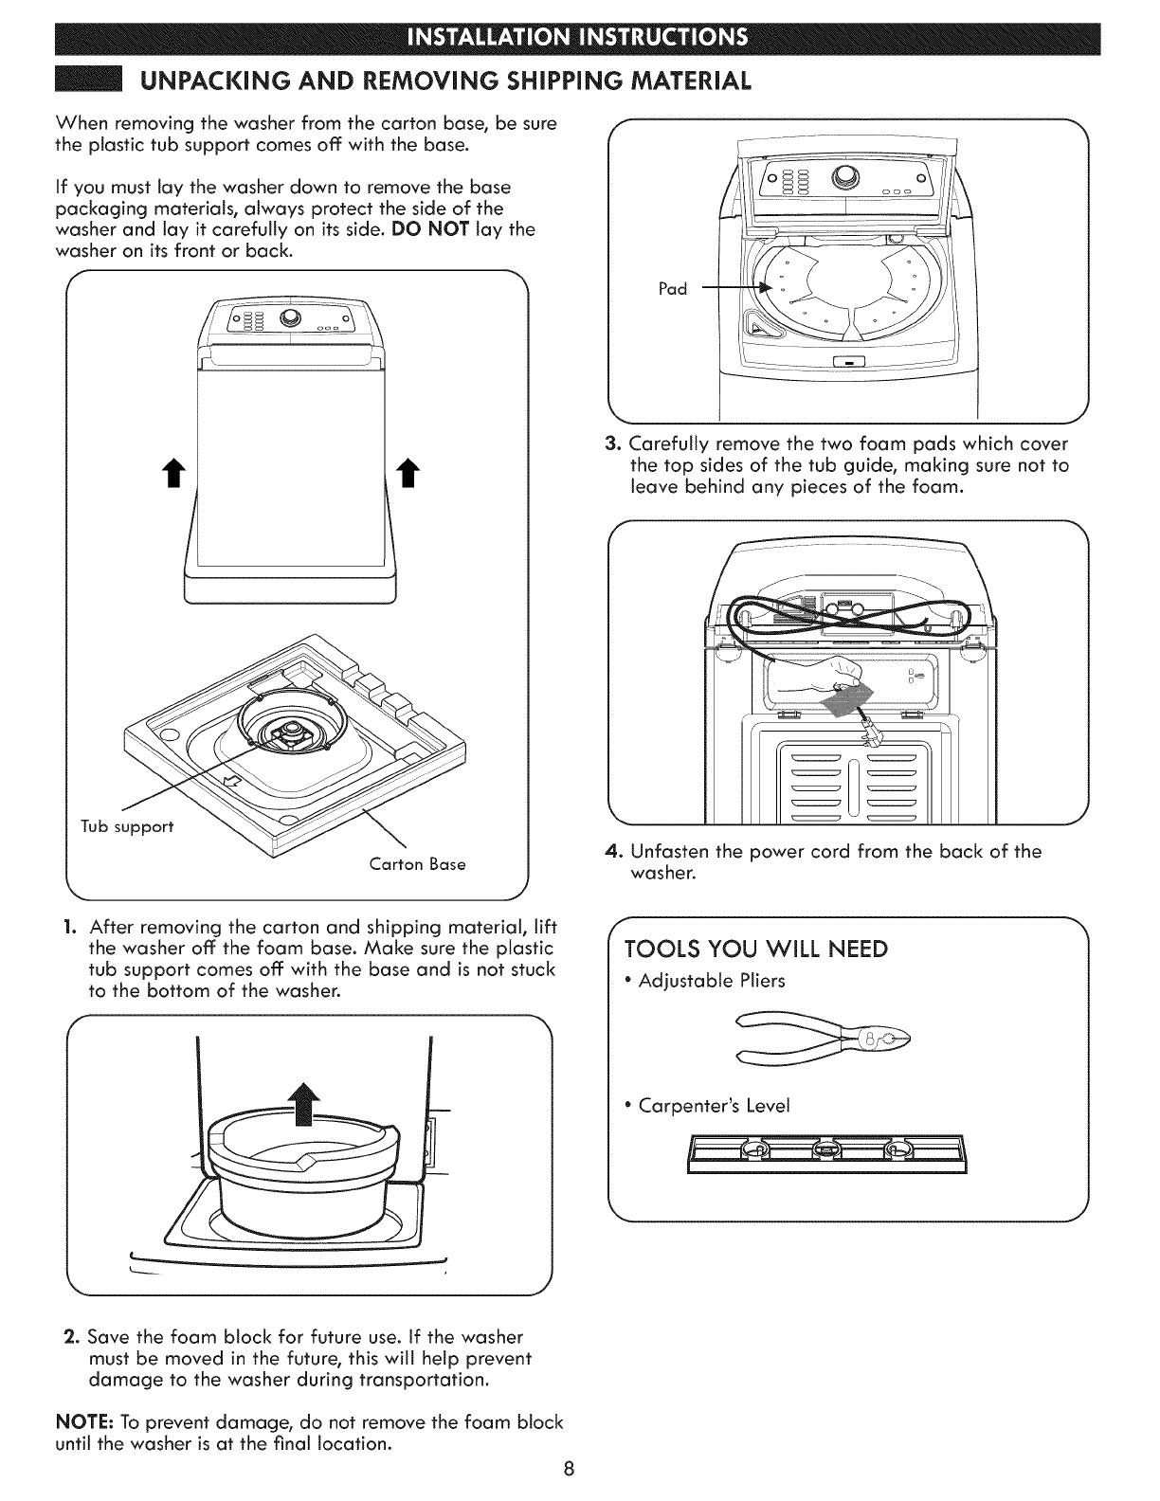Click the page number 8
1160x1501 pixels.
pos(568,1470)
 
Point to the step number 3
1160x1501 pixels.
pos(611,444)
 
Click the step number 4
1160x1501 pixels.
pos(611,851)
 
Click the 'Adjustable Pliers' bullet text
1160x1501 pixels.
pos(711,981)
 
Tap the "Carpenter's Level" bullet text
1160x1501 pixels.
pos(713,1106)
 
